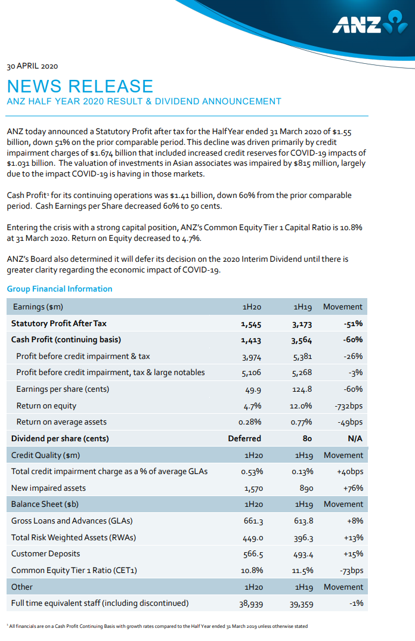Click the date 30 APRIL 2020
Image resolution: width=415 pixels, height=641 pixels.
point(32,66)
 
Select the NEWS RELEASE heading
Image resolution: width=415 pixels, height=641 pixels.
point(80,86)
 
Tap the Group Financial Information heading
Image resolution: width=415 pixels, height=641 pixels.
point(60,289)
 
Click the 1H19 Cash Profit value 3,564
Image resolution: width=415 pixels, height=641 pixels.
point(302,340)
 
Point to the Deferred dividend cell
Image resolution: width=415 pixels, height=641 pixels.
point(244,438)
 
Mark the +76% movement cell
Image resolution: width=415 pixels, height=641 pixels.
point(354,488)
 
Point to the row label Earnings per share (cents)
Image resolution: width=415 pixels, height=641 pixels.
point(63,389)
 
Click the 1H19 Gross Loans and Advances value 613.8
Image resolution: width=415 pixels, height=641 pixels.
point(303,521)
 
